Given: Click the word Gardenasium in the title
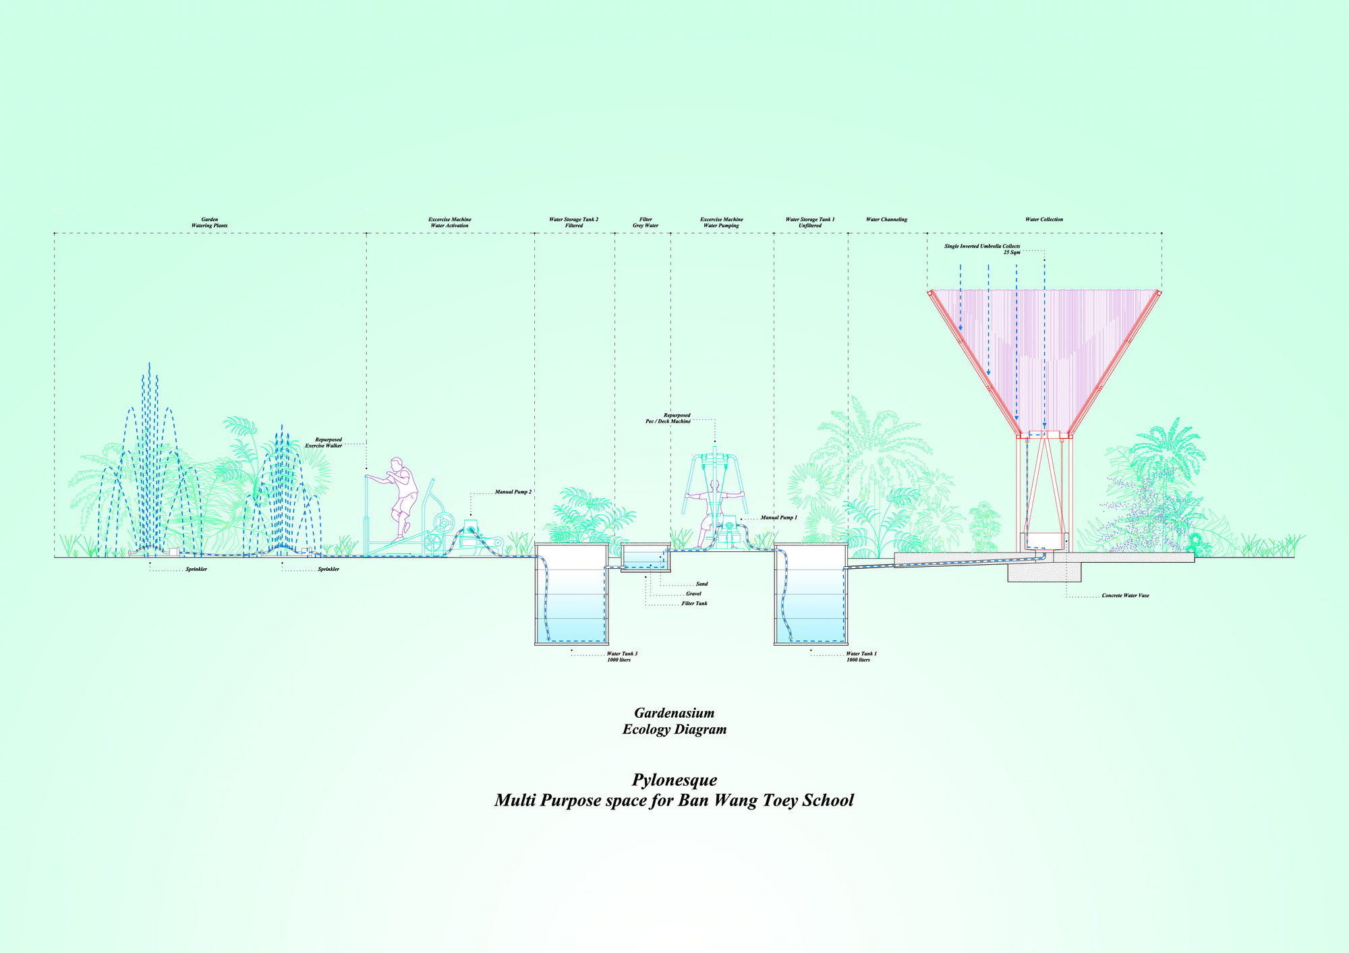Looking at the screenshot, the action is coord(674,713).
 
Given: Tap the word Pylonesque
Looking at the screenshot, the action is coord(674,780).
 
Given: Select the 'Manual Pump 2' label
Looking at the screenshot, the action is coord(513,492).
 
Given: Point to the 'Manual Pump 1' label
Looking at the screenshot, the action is coord(779,518).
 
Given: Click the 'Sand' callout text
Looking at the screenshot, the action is coord(702,584).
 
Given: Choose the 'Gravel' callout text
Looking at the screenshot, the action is coord(693,594).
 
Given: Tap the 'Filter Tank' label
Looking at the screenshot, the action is coord(694,603).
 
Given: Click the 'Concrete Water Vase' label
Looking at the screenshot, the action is coord(1126,596).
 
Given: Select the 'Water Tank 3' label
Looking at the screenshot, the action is coord(622,654).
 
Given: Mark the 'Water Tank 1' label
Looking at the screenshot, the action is coord(861,654).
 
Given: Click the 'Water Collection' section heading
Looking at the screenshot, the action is coord(1044,220).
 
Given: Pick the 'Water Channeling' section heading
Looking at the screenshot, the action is coord(886,220).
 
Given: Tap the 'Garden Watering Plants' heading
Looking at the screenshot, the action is coord(210,222).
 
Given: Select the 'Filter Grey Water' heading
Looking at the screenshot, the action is coord(645,222).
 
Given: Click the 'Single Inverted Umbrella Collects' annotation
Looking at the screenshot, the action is coord(982,247).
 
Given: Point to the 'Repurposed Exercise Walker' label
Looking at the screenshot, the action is coord(324,443).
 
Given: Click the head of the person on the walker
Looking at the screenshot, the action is coord(397,464).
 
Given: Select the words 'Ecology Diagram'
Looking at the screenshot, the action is coord(674,729).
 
